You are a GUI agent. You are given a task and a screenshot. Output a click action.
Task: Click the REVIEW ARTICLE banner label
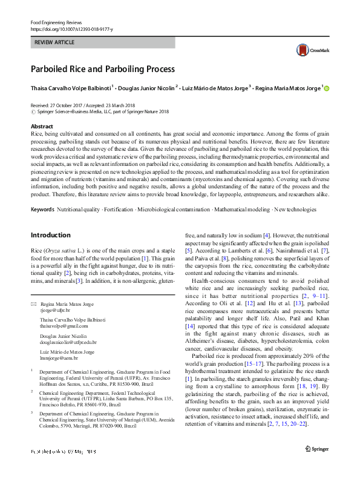pyautogui.click(x=56, y=42)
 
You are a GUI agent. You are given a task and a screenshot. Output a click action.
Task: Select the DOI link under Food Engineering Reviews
pyautogui.click(x=71, y=29)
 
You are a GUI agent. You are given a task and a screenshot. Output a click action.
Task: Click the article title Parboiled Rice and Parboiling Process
pyautogui.click(x=103, y=69)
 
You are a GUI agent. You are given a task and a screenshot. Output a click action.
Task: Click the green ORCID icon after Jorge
pyautogui.click(x=327, y=88)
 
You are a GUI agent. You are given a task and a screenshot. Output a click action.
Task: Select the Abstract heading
pyautogui.click(x=42, y=127)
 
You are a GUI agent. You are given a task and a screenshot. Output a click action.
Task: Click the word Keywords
pyautogui.click(x=42, y=209)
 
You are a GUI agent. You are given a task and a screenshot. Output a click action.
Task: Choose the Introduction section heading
pyautogui.click(x=51, y=235)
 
